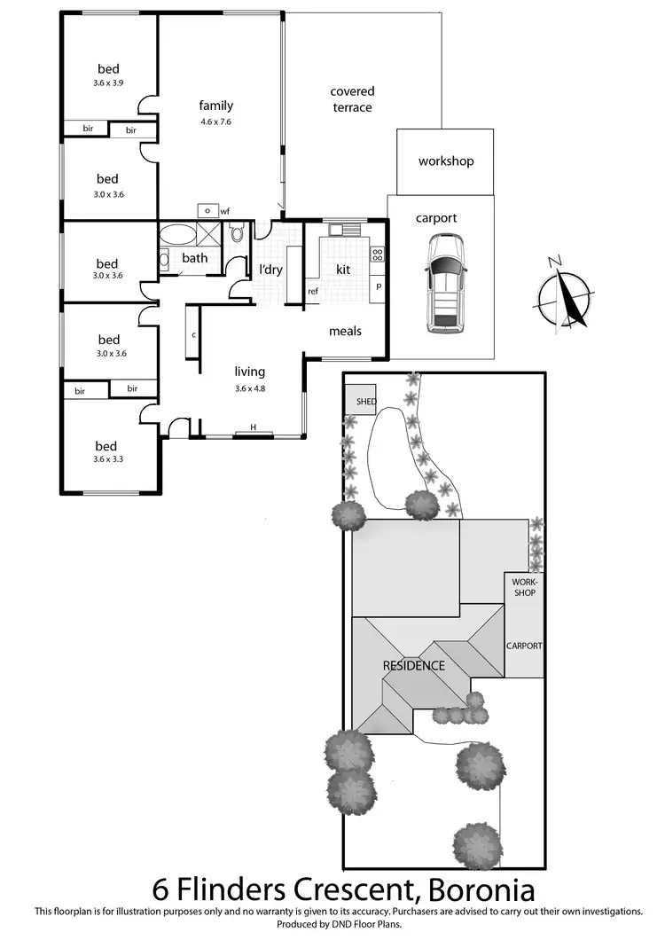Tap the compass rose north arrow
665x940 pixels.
[564, 297]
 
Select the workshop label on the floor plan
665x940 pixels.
[446, 161]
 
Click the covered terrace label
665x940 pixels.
[352, 98]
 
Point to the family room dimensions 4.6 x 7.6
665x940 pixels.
[216, 121]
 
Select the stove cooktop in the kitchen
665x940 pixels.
[377, 255]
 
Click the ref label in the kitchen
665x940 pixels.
[313, 291]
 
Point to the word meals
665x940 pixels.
[346, 331]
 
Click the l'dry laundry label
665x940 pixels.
[270, 269]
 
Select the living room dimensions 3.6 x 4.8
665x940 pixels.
[249, 388]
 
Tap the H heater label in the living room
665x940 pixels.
[253, 428]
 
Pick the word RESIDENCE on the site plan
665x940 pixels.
[413, 665]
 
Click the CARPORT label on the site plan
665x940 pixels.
[524, 646]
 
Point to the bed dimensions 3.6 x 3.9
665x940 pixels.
[108, 82]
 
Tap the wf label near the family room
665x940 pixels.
[225, 211]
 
